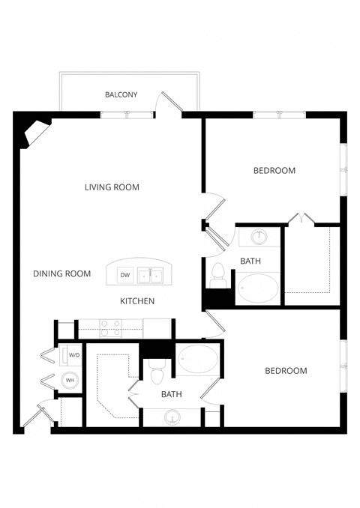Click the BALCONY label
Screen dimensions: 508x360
[x=121, y=95]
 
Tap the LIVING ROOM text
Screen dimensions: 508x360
[x=112, y=187]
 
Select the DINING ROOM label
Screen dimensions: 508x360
[x=61, y=274]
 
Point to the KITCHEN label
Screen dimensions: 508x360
[x=137, y=301]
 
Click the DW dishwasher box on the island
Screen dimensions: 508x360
[x=125, y=275]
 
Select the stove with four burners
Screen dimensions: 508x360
[x=111, y=327]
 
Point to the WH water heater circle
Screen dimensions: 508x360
[x=69, y=380]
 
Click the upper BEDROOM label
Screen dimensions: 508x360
[x=274, y=171]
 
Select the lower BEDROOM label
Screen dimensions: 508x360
[x=286, y=371]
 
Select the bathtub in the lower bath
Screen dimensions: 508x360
[x=198, y=362]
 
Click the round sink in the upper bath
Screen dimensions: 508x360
[x=259, y=237]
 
